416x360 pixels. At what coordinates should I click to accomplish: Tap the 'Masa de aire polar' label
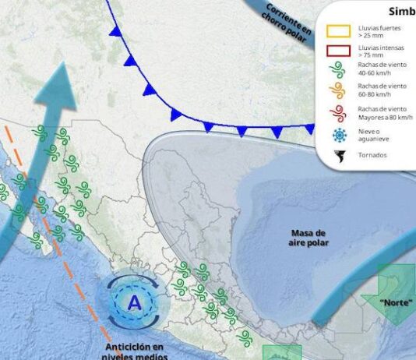[309, 238]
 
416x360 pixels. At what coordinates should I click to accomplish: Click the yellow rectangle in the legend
[338, 31]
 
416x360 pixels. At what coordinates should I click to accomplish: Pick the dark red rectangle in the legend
[338, 52]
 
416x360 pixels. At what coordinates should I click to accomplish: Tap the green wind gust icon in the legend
[338, 73]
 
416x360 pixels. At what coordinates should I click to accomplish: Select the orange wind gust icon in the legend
[338, 92]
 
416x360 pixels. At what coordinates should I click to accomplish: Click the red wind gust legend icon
[338, 113]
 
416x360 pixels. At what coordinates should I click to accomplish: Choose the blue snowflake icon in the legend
[338, 135]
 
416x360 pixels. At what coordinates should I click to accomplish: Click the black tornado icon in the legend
[338, 154]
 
